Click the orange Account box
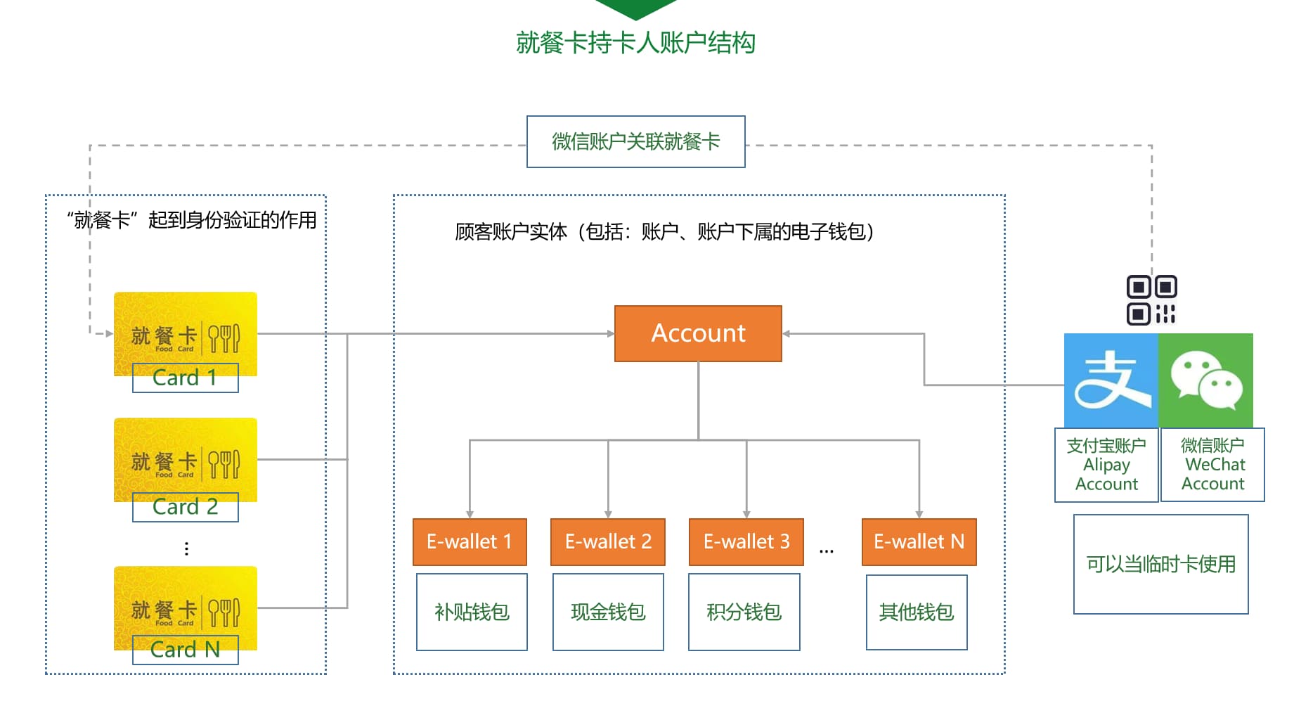pos(698,333)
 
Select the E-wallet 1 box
pos(470,541)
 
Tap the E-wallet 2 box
pos(608,541)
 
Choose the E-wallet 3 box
pos(746,541)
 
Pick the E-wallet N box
pos(919,541)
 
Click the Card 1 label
pos(185,378)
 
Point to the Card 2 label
pos(185,507)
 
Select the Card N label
pos(185,650)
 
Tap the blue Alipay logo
pos(1111,380)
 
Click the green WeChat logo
pos(1206,380)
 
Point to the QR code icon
pos(1151,300)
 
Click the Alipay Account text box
pos(1106,465)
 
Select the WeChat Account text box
pos(1212,465)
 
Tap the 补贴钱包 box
pos(472,612)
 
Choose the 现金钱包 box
pos(608,612)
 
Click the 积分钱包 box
pos(744,612)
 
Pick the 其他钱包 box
pos(917,612)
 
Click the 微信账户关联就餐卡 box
pos(635,141)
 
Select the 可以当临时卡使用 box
pos(1160,564)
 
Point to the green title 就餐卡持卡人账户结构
pos(635,43)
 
